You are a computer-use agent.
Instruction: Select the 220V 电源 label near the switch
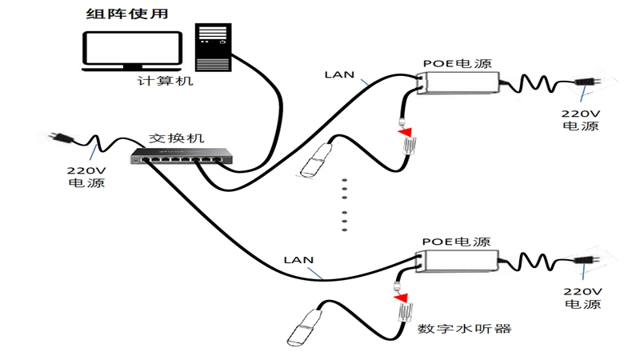click(x=86, y=177)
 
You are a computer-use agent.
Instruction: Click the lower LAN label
click(x=298, y=261)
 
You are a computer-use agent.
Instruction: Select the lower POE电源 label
click(x=456, y=242)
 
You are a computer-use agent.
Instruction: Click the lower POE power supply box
click(x=458, y=261)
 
